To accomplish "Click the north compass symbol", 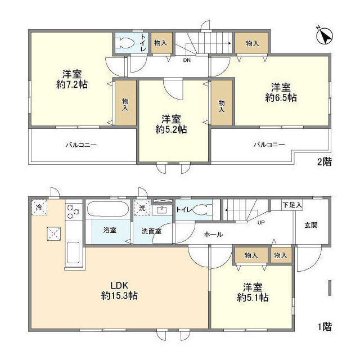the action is coord(324,36).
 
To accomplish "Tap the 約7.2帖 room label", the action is coord(72,79).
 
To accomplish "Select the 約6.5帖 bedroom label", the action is coord(281,92).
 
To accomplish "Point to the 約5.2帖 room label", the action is coord(171,124).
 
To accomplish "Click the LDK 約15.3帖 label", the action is coord(119,290).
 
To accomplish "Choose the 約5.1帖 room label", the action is coord(253,292).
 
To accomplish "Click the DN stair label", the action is coord(187,60).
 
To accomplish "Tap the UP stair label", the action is coord(261,223).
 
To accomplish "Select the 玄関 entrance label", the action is coord(311,225).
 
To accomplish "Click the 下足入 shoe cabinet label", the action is coord(292,205).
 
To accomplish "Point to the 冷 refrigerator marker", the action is coord(39,208).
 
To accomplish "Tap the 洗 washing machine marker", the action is coord(142,208).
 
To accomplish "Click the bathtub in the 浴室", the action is coord(108,209).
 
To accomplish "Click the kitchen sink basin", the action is coord(73,253).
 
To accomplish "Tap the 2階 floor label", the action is coord(325,162).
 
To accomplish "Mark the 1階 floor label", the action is coord(325,326).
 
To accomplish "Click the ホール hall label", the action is coord(213,235).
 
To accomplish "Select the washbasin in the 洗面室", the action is coord(162,210).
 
